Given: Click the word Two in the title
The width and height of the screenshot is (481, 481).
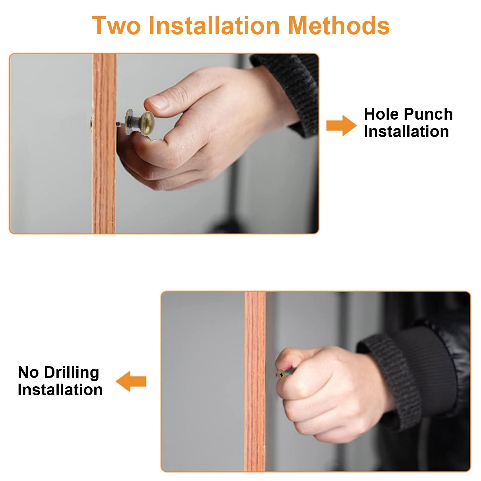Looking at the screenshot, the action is click(116, 26).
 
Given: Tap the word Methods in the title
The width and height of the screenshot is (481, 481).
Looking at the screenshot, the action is click(339, 26).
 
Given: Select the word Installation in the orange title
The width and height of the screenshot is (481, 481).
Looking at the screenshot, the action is click(214, 26).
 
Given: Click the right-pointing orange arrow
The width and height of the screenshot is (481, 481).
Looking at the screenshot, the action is click(342, 126).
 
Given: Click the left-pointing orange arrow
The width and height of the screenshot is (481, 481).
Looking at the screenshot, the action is click(131, 381).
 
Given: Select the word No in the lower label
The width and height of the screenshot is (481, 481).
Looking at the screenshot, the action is click(29, 372).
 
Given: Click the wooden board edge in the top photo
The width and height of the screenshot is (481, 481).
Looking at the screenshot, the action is click(104, 143).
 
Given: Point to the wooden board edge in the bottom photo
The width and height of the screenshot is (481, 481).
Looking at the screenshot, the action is click(255, 381).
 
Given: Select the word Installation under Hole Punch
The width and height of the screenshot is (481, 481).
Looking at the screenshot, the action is click(406, 132).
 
